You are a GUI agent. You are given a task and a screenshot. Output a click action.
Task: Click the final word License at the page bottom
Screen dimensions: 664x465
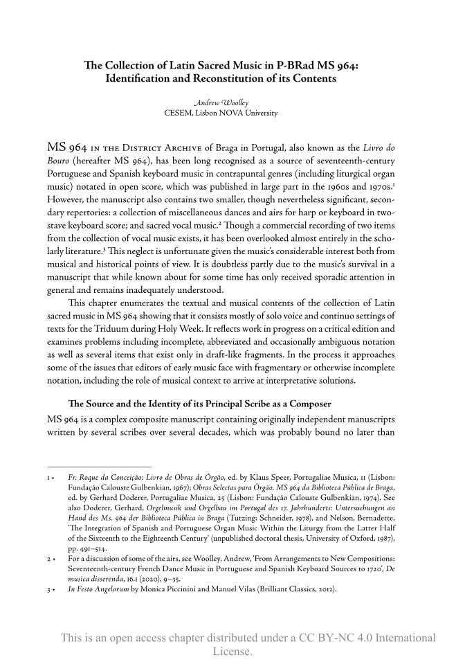click(232, 652)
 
